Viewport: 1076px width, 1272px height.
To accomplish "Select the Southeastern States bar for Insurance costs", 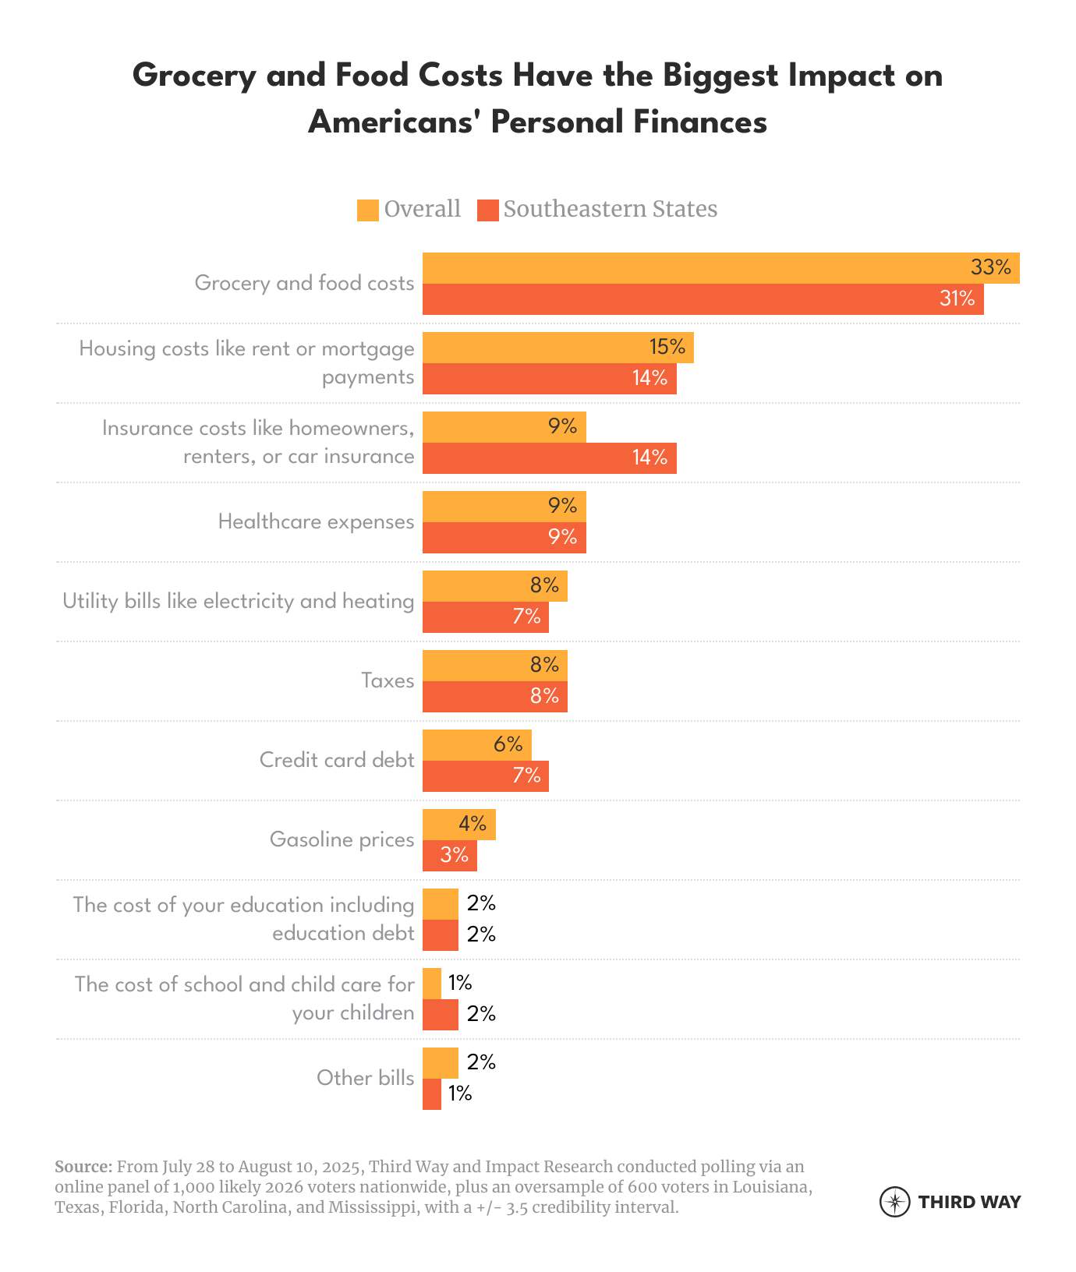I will (549, 458).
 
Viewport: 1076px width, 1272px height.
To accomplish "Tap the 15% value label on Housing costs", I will (667, 347).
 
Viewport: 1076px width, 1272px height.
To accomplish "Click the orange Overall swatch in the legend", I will (368, 210).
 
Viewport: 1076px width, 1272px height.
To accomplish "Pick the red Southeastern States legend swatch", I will (487, 210).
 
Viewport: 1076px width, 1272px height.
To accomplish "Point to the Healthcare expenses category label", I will (316, 521).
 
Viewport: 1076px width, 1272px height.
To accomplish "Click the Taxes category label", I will (388, 680).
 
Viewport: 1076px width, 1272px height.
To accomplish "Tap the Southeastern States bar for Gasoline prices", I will (449, 856).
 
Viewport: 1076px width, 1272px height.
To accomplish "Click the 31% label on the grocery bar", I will (957, 299).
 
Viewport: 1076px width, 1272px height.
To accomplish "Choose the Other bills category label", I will (365, 1078).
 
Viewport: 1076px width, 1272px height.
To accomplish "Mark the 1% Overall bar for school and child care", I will (432, 984).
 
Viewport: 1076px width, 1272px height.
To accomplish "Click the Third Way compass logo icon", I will (894, 1201).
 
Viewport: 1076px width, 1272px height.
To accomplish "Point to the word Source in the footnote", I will (83, 1167).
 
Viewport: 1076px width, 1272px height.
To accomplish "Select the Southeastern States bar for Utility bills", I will (485, 617).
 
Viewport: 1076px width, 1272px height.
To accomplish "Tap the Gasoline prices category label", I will (342, 839).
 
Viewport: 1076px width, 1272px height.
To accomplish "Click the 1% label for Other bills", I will (460, 1094).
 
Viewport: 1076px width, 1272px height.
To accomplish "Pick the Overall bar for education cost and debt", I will (440, 904).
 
